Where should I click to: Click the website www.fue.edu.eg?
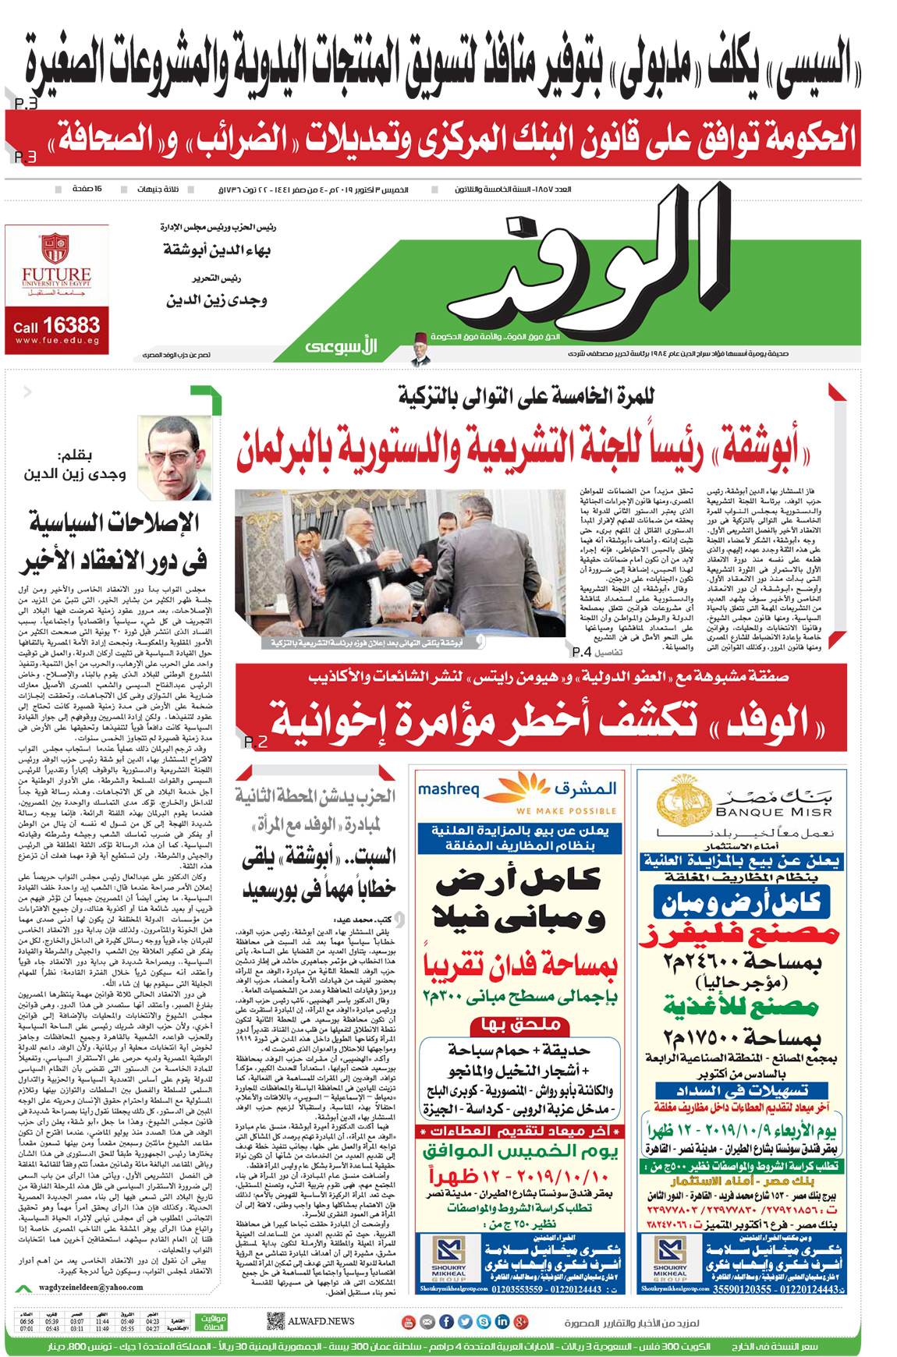tap(56, 341)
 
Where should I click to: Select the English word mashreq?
tap(448, 788)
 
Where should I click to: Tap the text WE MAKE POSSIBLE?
tap(566, 811)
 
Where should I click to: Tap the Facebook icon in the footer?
tap(446, 1321)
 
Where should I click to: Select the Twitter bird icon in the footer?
tap(465, 1321)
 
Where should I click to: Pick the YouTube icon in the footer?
tap(408, 1321)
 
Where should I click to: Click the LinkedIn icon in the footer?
tap(502, 1321)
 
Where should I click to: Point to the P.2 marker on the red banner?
tap(256, 742)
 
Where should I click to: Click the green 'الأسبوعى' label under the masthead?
tap(341, 346)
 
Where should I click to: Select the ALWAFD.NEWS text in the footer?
tap(321, 1321)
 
